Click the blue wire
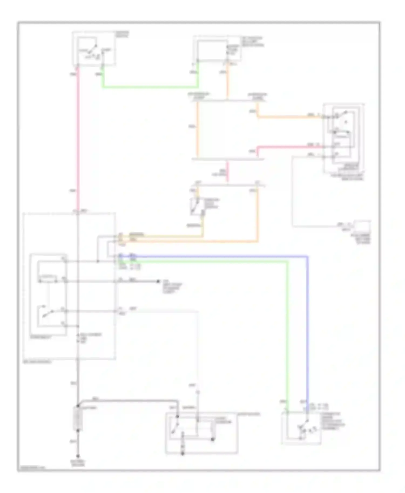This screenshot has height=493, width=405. coord(307,324)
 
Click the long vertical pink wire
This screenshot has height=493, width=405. coord(78,135)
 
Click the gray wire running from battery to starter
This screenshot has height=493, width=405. coord(130,400)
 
